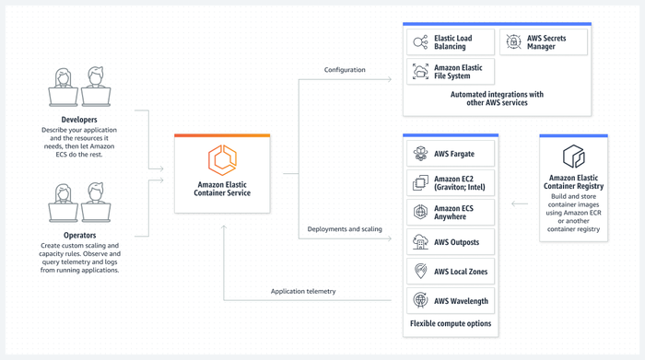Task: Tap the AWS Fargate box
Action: click(451, 154)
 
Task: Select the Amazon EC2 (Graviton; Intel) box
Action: click(451, 183)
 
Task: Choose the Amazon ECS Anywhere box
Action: click(451, 213)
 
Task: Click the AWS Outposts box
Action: click(451, 242)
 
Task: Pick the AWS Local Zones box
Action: click(451, 272)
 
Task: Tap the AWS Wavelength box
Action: click(451, 301)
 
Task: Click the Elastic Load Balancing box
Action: click(451, 42)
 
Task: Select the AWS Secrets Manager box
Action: click(544, 42)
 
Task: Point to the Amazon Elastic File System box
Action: click(451, 72)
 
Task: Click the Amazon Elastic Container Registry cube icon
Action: click(573, 156)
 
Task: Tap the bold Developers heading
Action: click(78, 120)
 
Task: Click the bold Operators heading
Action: click(79, 236)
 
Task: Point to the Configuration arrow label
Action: click(345, 70)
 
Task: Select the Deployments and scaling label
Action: click(345, 229)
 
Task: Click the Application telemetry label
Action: click(303, 291)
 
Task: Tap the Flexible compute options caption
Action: click(451, 324)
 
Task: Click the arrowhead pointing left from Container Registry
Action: click(515, 204)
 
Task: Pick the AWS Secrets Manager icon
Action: click(514, 42)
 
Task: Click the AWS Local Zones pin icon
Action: click(420, 272)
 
